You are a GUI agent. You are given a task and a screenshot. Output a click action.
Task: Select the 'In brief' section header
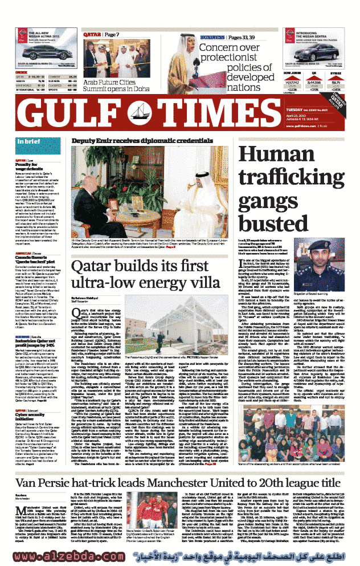pyautogui.click(x=28, y=141)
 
